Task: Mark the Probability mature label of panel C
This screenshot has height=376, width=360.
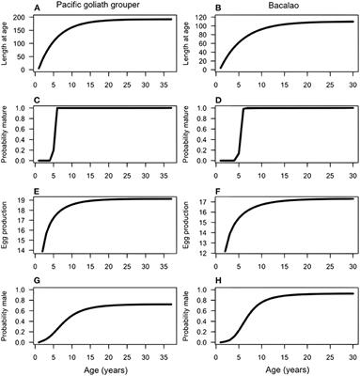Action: [x=6, y=133]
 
